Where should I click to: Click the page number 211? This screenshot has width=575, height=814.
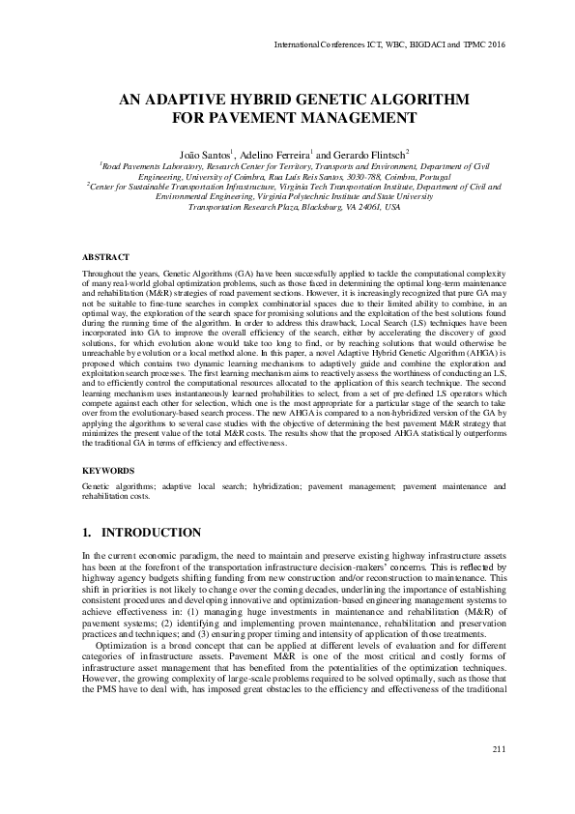[499, 750]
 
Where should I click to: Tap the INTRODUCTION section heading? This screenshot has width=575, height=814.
[152, 533]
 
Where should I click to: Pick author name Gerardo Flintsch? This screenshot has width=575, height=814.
[372, 154]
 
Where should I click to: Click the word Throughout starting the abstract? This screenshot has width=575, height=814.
[105, 276]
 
